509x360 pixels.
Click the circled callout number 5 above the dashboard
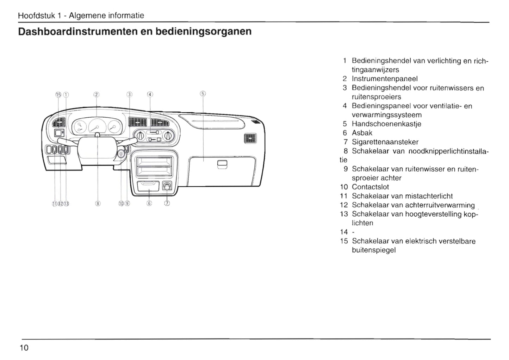click(203, 94)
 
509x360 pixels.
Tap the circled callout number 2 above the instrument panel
click(97, 94)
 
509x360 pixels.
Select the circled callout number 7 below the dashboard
click(167, 203)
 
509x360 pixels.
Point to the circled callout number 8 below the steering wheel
click(98, 203)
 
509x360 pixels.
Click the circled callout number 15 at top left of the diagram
click(58, 94)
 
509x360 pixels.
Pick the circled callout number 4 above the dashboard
click(150, 94)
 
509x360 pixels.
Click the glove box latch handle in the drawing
click(223, 164)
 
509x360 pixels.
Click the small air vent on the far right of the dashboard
click(250, 138)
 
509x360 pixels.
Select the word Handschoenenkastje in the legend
click(386, 124)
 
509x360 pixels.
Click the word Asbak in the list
click(362, 133)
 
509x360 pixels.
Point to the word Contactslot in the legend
click(370, 187)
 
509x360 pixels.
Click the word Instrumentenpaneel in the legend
click(385, 79)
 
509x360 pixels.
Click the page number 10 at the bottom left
click(24, 348)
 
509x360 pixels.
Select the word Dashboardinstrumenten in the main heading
click(77, 32)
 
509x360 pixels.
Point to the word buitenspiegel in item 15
click(374, 250)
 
